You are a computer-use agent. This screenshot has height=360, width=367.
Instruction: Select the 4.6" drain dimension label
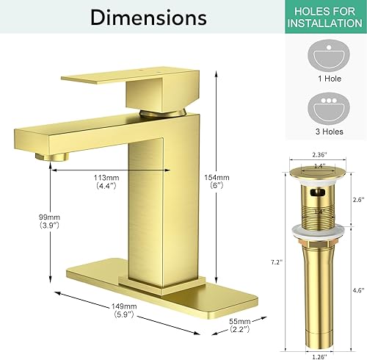pos(357,290)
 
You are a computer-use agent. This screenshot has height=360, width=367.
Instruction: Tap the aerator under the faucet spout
pos(54,157)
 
